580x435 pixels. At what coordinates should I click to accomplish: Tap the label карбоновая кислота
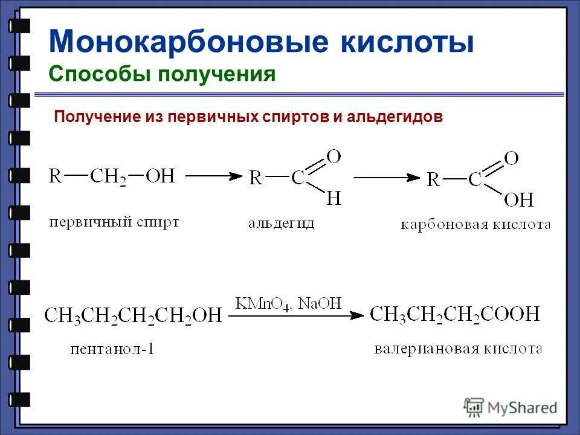coord(475,225)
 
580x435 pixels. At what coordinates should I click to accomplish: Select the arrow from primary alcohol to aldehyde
coord(213,176)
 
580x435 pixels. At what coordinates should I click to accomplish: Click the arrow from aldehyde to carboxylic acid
coord(387,177)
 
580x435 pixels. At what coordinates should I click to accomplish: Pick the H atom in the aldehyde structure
coord(333,198)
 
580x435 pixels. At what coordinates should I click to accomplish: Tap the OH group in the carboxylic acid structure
coord(518,199)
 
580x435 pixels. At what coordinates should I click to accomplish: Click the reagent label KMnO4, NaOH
coord(289,303)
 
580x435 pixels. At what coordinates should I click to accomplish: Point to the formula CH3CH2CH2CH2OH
coord(134,315)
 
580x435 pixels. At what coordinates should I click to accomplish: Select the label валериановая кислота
coord(457,349)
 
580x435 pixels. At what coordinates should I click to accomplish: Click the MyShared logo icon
coord(474,407)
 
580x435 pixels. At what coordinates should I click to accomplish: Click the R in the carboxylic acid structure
coord(433,179)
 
